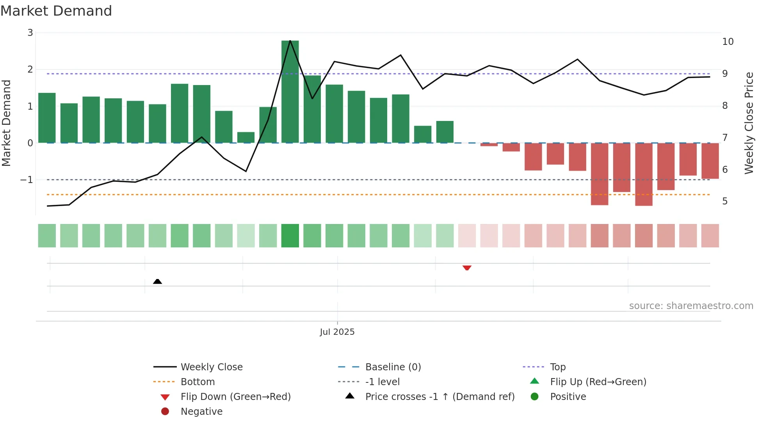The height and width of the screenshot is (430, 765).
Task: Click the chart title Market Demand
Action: (x=56, y=11)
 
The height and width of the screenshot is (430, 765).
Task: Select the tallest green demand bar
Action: (x=290, y=92)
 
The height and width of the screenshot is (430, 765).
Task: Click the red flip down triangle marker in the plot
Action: (x=467, y=268)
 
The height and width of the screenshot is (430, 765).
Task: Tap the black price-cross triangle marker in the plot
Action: (x=157, y=281)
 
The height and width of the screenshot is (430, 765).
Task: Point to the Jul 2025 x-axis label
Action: (x=337, y=332)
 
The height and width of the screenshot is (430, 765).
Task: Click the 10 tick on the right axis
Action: (x=728, y=42)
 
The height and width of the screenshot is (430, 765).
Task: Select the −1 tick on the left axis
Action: (x=27, y=180)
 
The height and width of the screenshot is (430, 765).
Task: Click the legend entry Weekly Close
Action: (x=211, y=367)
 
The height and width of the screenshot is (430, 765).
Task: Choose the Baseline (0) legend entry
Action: (x=393, y=367)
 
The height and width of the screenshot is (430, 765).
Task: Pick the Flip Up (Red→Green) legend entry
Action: (x=598, y=382)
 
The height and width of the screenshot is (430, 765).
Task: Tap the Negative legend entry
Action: (x=201, y=411)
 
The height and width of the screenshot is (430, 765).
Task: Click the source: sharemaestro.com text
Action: (x=691, y=306)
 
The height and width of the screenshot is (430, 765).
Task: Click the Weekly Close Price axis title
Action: (x=749, y=123)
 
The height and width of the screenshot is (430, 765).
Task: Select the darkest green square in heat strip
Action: (x=290, y=236)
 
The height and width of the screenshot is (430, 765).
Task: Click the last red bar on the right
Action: (x=710, y=161)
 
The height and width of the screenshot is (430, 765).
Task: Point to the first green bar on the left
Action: (x=47, y=118)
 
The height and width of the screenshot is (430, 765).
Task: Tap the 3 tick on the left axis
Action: (x=30, y=33)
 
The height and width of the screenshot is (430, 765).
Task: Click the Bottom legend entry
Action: (x=197, y=382)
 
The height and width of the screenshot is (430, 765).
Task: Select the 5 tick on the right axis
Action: (x=725, y=201)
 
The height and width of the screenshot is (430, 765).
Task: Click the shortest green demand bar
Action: (x=246, y=137)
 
